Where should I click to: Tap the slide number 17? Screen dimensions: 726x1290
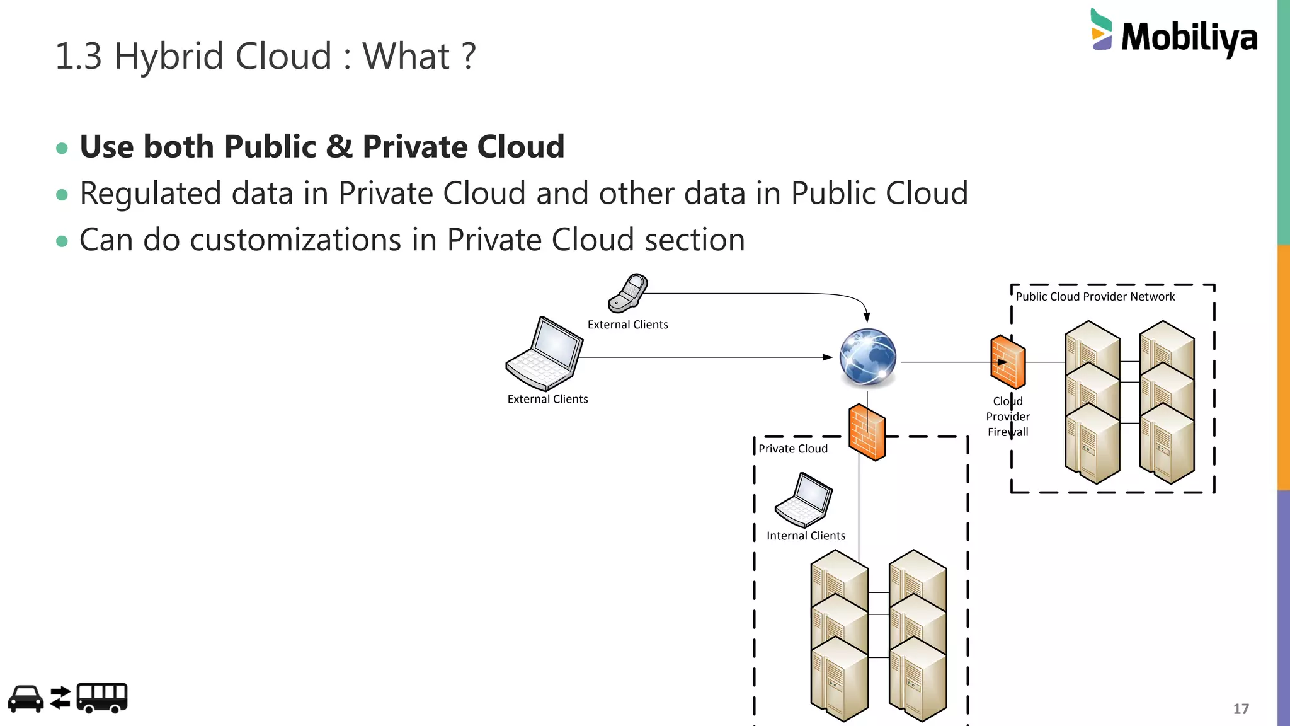click(x=1240, y=709)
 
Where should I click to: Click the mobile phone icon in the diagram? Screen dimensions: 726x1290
click(x=628, y=293)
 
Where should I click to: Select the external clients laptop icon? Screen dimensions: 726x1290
click(x=545, y=355)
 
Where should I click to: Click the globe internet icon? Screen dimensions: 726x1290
click(x=867, y=357)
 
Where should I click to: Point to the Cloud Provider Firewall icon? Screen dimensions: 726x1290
click(x=1008, y=362)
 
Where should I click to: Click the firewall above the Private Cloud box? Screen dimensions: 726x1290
click(x=867, y=432)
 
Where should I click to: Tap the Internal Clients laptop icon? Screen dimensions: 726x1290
click(x=804, y=500)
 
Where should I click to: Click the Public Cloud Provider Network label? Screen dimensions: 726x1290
click(x=1095, y=297)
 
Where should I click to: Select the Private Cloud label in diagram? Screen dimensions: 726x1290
click(x=792, y=449)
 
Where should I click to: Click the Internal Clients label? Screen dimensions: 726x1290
click(x=806, y=536)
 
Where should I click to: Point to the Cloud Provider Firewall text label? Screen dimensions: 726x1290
click(x=1008, y=417)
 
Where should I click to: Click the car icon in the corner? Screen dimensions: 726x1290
click(x=26, y=698)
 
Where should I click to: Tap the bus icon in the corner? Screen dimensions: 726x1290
click(x=102, y=698)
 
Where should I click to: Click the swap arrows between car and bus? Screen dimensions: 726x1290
click(x=60, y=698)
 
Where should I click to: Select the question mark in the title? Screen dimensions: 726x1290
click(x=468, y=57)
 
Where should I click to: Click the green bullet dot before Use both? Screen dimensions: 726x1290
click(x=62, y=148)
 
